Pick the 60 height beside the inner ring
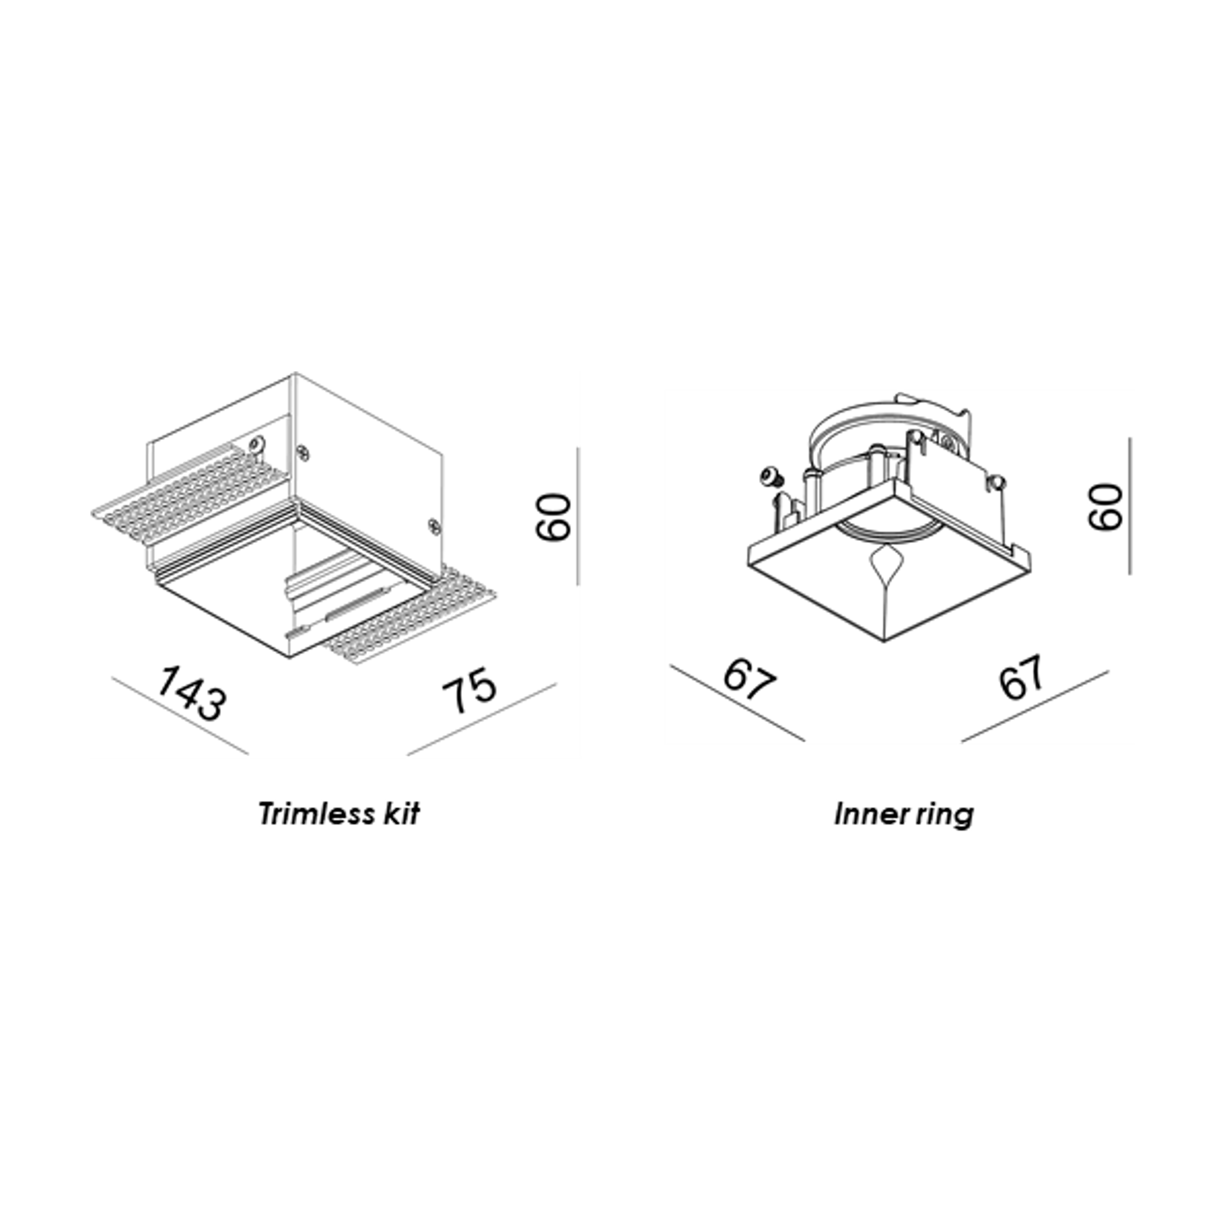point(1105,506)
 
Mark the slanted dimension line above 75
point(482,719)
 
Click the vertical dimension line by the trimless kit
point(577,516)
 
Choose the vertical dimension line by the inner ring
point(1129,506)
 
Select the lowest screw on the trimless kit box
point(434,525)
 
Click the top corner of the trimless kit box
point(295,373)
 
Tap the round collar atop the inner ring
point(887,437)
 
